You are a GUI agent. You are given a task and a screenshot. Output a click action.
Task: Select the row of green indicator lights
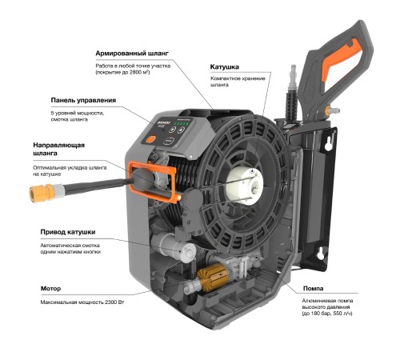182,124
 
